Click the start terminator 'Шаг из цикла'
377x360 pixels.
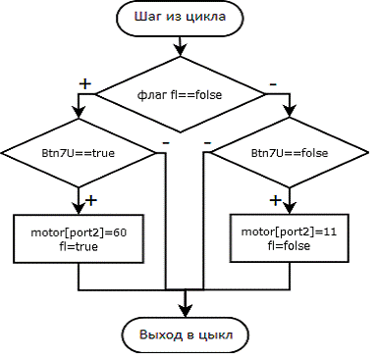coord(180,18)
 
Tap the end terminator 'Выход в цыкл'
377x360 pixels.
coord(186,334)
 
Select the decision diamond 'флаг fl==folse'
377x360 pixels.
coord(181,94)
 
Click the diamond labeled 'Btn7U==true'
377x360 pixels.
coord(79,153)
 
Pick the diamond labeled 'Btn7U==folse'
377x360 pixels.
coord(290,153)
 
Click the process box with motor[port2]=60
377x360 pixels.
coord(79,238)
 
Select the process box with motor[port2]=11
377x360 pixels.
coord(290,238)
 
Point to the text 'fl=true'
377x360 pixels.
coord(79,246)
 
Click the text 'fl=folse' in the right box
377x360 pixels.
coord(289,245)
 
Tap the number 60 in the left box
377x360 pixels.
coord(120,232)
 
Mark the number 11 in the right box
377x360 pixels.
coord(330,231)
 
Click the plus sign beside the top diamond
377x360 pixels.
coord(85,84)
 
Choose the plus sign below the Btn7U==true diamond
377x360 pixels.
coord(91,200)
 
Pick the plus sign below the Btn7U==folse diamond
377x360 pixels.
coord(275,200)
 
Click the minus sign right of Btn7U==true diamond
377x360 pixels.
coord(166,143)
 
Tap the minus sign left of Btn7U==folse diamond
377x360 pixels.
coord(207,143)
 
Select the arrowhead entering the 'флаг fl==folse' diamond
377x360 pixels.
coord(180,50)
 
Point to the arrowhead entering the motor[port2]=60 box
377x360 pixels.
coord(79,208)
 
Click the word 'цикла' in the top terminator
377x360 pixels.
coord(206,17)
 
